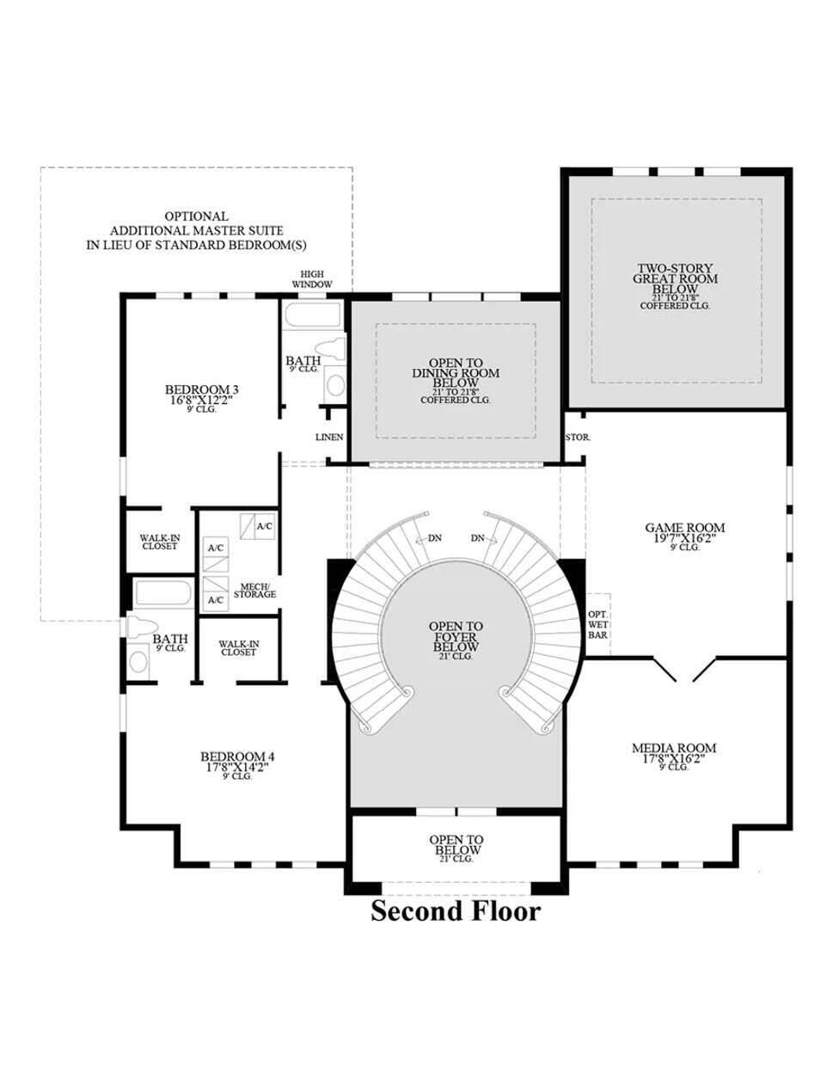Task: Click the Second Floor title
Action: click(x=456, y=911)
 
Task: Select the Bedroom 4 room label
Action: click(x=237, y=762)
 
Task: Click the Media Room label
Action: click(x=674, y=753)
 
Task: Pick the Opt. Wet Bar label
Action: click(x=597, y=624)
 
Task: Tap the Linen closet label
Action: click(x=329, y=438)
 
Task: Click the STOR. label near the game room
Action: click(x=578, y=438)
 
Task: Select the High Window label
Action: click(x=312, y=279)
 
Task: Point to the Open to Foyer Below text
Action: click(x=456, y=640)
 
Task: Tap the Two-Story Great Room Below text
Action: click(x=675, y=284)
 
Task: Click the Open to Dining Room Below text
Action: click(x=456, y=378)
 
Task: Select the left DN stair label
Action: click(x=435, y=538)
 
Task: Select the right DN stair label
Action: click(x=478, y=538)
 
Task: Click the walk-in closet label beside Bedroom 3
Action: click(x=160, y=542)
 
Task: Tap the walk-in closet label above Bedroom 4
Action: click(x=238, y=647)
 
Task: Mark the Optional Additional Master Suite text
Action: click(x=196, y=230)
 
